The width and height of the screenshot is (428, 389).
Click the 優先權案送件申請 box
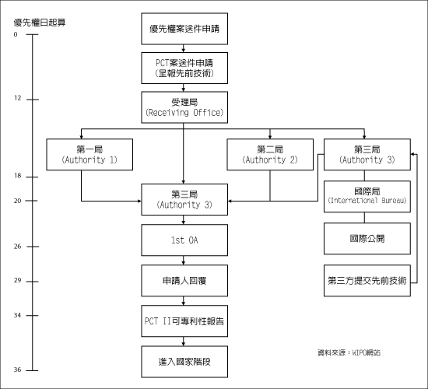click(x=184, y=29)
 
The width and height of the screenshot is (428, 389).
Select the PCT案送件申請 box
click(x=184, y=68)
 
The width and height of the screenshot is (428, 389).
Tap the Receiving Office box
click(x=184, y=107)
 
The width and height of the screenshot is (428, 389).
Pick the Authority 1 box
click(x=89, y=155)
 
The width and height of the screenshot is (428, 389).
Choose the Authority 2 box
click(x=270, y=155)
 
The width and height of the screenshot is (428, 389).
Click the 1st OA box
click(x=184, y=240)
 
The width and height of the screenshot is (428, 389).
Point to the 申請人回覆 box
click(x=184, y=281)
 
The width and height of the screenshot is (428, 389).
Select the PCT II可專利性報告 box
click(x=184, y=321)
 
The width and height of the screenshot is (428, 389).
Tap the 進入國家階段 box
click(x=184, y=362)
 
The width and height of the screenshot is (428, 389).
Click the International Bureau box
click(x=367, y=197)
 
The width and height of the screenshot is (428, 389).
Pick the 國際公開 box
click(x=367, y=239)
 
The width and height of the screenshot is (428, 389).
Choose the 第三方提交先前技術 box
click(x=367, y=281)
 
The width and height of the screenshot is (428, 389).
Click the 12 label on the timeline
click(x=17, y=98)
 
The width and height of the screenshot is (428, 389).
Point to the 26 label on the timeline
click(x=17, y=247)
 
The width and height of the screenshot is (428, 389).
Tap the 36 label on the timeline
click(x=17, y=370)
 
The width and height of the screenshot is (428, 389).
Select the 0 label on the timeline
click(x=16, y=34)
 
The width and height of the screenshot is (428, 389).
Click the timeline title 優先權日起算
click(x=40, y=23)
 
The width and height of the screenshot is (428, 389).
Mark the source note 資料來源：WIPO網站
click(x=349, y=352)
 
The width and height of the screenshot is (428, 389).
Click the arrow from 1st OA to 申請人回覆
click(x=184, y=261)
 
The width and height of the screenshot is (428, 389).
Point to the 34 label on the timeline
click(x=17, y=315)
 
